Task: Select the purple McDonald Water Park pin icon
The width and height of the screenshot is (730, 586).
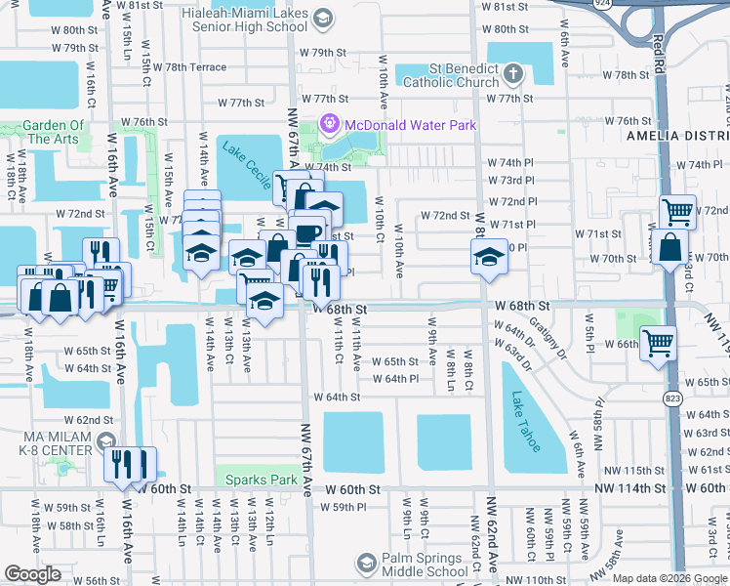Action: [x=329, y=124]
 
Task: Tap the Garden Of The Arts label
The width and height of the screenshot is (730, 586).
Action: [x=53, y=132]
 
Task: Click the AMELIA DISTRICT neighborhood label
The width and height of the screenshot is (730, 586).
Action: [x=677, y=136]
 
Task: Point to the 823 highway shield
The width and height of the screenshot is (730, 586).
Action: [x=671, y=371]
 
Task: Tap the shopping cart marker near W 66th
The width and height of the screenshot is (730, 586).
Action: [x=659, y=343]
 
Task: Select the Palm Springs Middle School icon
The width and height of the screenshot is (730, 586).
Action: [x=366, y=563]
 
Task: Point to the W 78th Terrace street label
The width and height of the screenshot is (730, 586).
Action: [x=195, y=67]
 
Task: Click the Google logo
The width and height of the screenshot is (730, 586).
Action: [x=32, y=574]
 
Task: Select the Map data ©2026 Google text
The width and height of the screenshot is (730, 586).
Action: [x=669, y=578]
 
